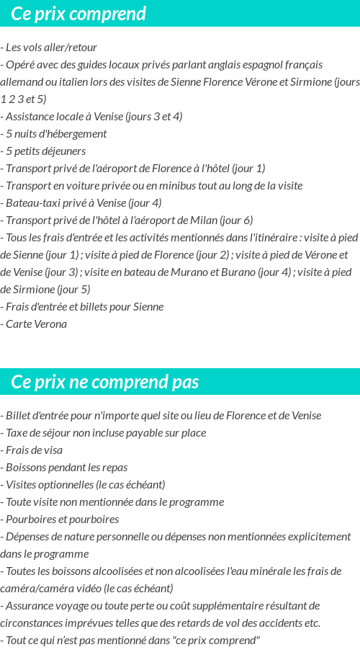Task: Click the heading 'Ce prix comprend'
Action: click(x=78, y=14)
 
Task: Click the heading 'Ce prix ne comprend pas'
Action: click(x=105, y=382)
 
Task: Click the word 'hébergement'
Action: click(x=77, y=133)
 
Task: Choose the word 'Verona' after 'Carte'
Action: click(x=50, y=324)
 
